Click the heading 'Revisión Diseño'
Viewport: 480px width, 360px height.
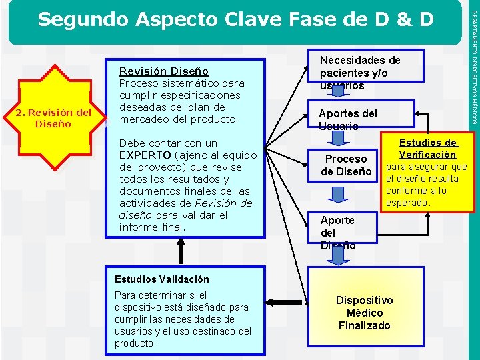click(x=163, y=71)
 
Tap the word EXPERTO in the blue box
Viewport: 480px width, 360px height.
click(x=143, y=155)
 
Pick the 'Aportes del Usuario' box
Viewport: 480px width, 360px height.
click(x=348, y=119)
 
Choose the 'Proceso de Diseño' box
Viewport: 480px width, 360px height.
click(x=346, y=165)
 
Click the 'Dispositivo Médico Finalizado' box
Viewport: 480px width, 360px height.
click(x=364, y=313)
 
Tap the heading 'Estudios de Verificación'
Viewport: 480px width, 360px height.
click(x=427, y=148)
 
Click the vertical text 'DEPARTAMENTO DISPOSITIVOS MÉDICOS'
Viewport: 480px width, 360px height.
click(x=473, y=63)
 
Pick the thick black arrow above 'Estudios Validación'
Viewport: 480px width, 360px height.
click(x=179, y=251)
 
